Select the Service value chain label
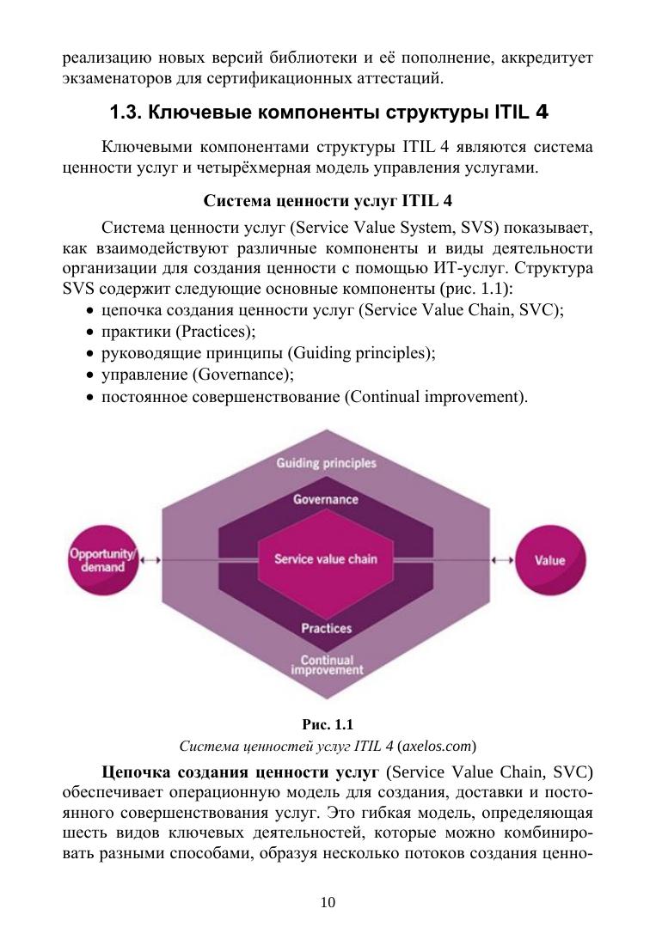tap(325, 559)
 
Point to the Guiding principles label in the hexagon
tap(326, 463)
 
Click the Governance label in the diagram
tap(326, 499)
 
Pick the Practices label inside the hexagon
tap(326, 628)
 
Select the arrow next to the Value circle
tap(503, 560)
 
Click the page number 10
tap(328, 901)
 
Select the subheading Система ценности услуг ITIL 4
tap(328, 203)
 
